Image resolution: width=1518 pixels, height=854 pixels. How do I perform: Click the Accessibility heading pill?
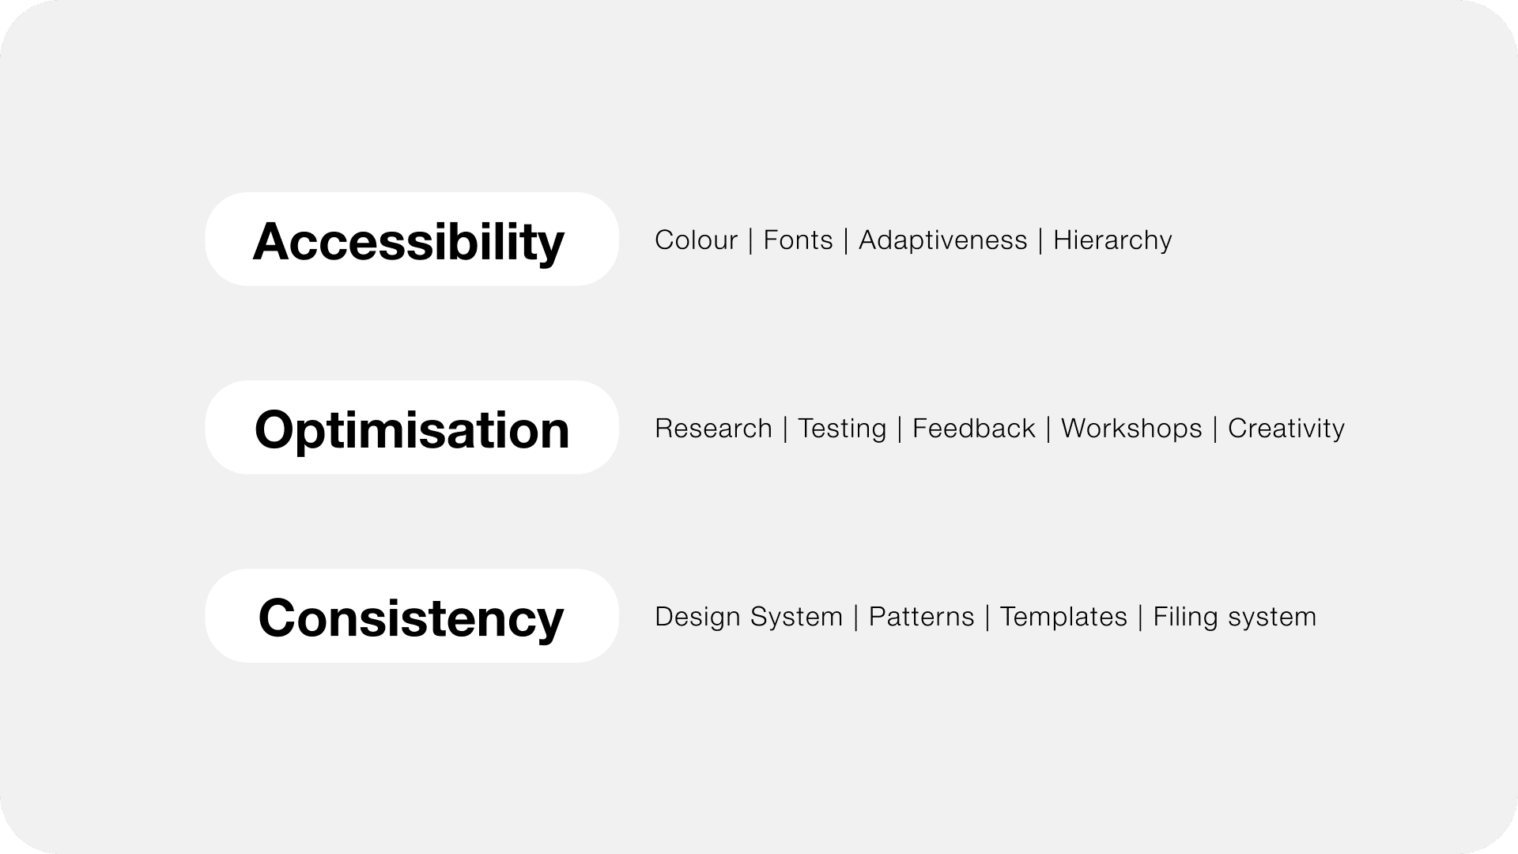tap(411, 239)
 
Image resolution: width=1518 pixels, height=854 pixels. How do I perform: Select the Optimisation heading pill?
tap(411, 427)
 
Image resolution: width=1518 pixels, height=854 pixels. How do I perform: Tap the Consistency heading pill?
tap(411, 615)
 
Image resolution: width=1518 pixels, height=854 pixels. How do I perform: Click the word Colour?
tap(696, 240)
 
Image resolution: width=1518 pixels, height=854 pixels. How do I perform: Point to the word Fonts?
tap(798, 240)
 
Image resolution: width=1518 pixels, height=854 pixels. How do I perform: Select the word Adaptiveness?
tap(943, 240)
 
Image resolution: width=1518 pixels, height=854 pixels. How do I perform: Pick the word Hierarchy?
tap(1112, 240)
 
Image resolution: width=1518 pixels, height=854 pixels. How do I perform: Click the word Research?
tap(713, 428)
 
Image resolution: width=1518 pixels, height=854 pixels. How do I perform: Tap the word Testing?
tap(842, 429)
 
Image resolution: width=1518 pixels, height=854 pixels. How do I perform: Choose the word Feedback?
tap(973, 428)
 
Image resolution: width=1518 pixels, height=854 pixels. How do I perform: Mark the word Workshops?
tap(1131, 429)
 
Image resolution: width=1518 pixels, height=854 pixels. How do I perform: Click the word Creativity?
tap(1286, 429)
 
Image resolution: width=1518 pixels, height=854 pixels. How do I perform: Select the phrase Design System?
tap(749, 617)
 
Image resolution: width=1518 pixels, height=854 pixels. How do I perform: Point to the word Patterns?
tap(922, 616)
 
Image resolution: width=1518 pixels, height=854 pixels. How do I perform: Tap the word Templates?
tap(1063, 617)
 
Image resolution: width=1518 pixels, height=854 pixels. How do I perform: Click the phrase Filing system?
tap(1235, 617)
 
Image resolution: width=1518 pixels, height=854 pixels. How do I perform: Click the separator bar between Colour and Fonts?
tap(750, 240)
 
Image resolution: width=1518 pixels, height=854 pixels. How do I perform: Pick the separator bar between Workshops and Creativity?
tap(1215, 429)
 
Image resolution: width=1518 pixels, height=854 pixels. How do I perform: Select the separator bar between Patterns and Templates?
tap(987, 617)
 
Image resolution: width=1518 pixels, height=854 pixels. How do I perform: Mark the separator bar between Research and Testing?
tap(785, 429)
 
